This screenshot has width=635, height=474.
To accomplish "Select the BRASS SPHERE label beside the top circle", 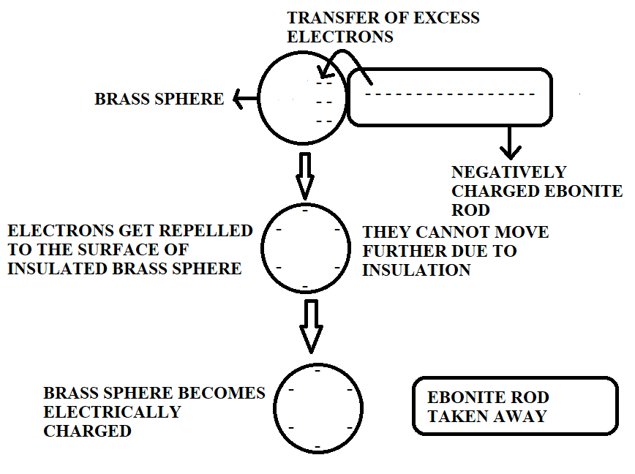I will point(159,99).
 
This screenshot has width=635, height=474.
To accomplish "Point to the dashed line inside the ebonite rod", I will point(450,94).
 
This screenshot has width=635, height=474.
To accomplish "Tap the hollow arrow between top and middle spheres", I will point(306,176).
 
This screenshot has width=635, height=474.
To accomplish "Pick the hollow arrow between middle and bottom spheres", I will point(311,326).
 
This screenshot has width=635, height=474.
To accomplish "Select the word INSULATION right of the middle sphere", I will point(416,271).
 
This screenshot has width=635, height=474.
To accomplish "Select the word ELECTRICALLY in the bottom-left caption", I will point(112,412).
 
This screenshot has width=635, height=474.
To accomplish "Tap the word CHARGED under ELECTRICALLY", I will point(87,431).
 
